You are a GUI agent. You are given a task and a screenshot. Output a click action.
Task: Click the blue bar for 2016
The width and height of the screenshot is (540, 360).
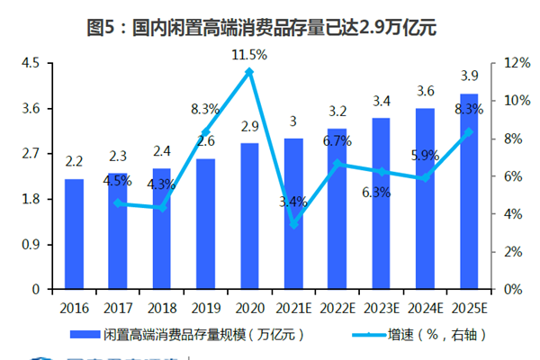(74, 234)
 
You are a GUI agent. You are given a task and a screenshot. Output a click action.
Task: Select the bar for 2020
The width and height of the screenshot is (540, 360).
(250, 216)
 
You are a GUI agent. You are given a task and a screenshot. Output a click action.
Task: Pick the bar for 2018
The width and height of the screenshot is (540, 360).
(162, 229)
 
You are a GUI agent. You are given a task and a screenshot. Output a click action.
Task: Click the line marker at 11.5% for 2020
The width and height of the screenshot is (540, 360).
(250, 71)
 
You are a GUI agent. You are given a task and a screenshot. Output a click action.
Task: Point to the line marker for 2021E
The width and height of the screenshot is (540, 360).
(293, 224)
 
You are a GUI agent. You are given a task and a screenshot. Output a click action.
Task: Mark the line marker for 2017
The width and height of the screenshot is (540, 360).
(118, 203)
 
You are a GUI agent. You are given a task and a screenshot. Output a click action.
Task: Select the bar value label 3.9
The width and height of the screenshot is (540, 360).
(469, 76)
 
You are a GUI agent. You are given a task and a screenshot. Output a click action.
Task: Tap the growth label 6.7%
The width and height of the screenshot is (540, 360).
(336, 141)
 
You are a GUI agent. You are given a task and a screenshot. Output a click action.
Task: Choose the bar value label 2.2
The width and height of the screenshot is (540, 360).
(74, 162)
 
